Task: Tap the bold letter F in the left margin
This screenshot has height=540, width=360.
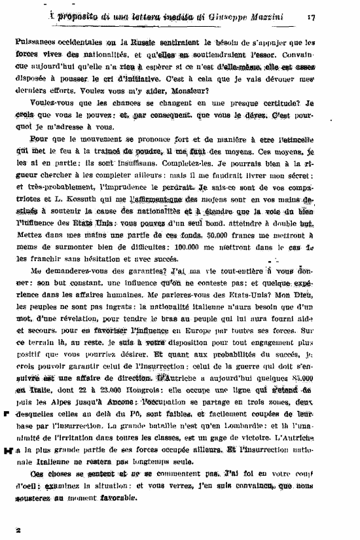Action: (6, 414)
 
